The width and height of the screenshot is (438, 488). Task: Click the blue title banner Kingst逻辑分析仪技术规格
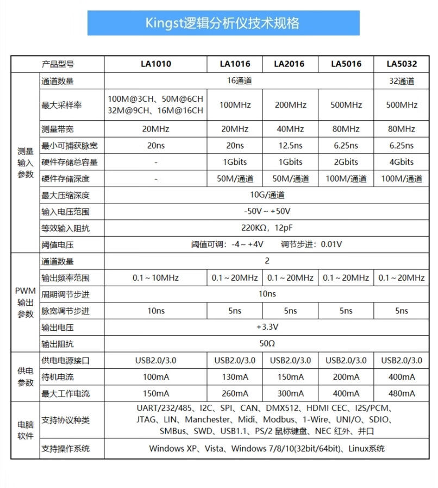pos(223,23)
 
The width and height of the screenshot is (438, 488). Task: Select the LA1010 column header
pos(155,64)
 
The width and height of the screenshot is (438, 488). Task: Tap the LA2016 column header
pos(289,64)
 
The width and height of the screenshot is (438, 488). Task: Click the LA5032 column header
pos(402,64)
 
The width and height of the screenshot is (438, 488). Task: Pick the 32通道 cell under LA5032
pos(402,81)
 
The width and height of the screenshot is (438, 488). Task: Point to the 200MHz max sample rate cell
pos(290,105)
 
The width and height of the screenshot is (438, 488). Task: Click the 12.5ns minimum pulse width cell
pos(290,145)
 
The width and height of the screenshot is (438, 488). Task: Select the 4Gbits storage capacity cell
pos(402,162)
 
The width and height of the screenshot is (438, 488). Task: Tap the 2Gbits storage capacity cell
pos(346,162)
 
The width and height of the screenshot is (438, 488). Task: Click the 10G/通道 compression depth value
pos(267,195)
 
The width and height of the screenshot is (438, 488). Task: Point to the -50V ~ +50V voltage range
pos(267,211)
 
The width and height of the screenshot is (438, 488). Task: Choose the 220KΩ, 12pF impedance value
pos(267,228)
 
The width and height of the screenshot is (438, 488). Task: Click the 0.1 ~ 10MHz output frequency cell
pos(155,278)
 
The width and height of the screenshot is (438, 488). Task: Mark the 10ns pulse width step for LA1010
pos(155,311)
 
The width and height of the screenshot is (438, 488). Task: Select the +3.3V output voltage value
pos(267,328)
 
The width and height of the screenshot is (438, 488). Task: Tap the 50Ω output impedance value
pos(267,344)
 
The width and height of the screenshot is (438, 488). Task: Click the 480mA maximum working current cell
pos(402,393)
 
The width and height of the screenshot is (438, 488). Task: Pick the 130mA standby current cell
pos(235,377)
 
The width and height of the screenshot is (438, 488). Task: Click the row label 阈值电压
pos(57,245)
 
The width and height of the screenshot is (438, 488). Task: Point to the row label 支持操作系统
pos(65,449)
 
